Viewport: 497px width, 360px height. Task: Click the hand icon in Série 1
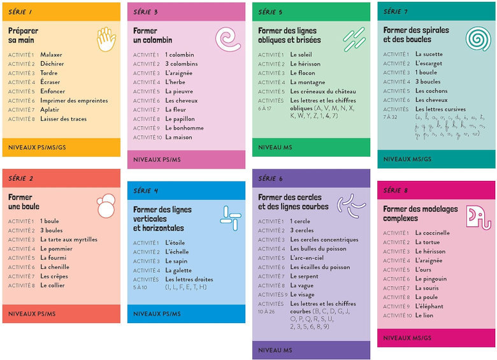(106, 40)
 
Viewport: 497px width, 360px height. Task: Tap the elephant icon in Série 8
(478, 217)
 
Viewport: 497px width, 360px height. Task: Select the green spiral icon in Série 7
(477, 39)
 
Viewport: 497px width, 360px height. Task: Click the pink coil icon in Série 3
(227, 40)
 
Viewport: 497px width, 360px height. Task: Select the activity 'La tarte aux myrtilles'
(69, 240)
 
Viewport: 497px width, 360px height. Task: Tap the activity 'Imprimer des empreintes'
(74, 101)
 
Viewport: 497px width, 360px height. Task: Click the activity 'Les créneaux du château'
(323, 92)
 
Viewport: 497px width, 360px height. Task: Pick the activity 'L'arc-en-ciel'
(308, 258)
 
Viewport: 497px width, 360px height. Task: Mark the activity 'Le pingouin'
(431, 279)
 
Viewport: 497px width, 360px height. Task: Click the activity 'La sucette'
(429, 54)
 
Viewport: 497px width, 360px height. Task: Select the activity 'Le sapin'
(176, 261)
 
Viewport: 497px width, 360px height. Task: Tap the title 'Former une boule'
(24, 202)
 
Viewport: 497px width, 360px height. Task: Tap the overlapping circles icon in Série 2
(106, 206)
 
